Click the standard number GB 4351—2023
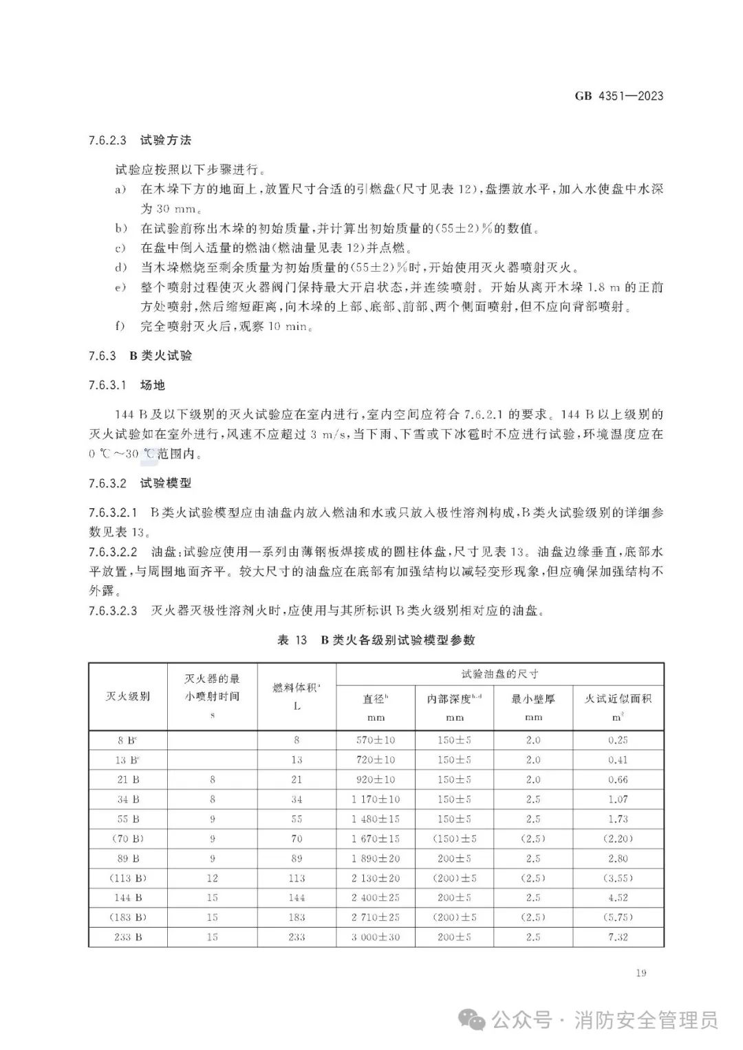pos(619,96)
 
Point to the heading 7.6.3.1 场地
pos(127,385)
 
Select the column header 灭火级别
pos(128,696)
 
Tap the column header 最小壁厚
pos(533,699)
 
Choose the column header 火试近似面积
pos(618,699)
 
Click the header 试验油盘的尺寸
pos(500,674)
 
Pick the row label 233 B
pos(128,937)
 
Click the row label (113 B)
pos(128,878)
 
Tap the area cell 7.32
pos(618,937)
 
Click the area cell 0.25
pos(618,741)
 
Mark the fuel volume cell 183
pos(297,917)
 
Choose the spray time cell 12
pos(213,878)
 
